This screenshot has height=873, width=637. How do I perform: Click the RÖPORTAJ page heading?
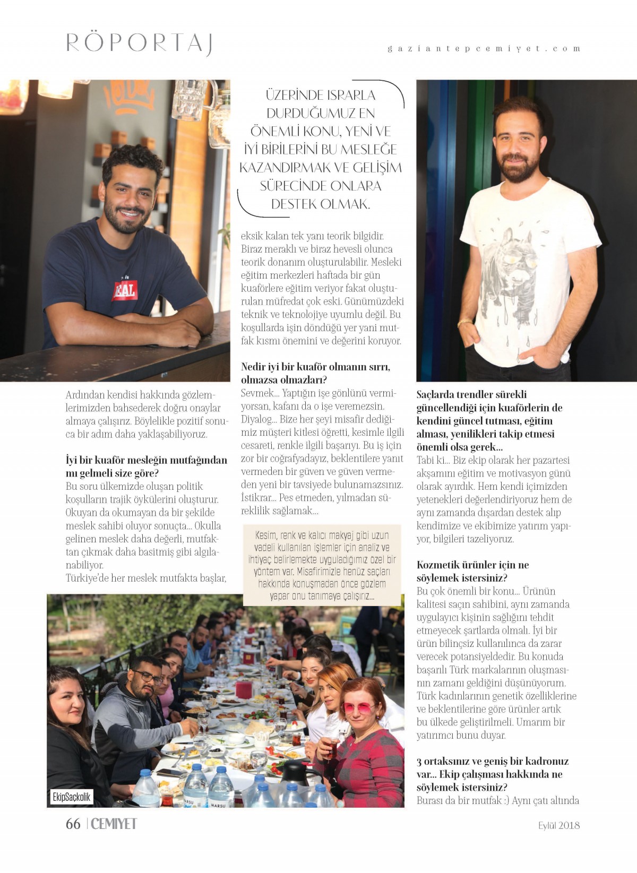point(139,42)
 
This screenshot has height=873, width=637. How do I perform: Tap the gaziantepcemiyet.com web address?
point(484,48)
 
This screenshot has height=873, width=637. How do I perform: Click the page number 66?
point(73,824)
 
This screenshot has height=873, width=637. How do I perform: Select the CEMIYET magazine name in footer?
point(114,824)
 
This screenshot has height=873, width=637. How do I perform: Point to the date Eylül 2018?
point(558,825)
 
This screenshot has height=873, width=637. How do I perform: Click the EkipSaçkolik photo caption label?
point(72,797)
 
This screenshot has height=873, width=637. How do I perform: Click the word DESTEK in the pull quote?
point(295,204)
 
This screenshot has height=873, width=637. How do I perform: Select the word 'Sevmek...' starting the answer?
point(259,393)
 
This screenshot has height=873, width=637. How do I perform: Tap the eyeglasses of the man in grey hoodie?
point(148,677)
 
